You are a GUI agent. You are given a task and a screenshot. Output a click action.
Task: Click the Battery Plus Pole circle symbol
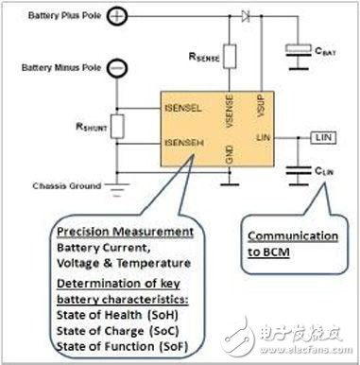[x=115, y=16]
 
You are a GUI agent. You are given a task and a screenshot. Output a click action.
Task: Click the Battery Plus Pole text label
[x=55, y=15]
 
